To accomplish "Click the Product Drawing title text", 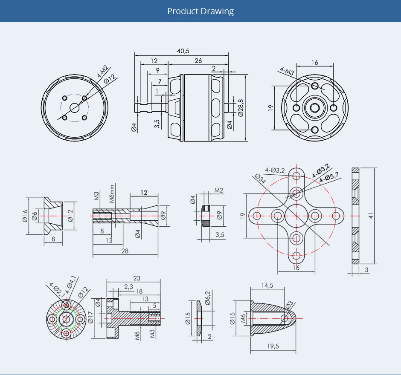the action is pyautogui.click(x=200, y=11).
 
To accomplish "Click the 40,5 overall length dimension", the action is pyautogui.click(x=183, y=51).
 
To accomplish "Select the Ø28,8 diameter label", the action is pyautogui.click(x=241, y=108).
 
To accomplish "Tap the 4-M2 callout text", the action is pyautogui.click(x=102, y=72).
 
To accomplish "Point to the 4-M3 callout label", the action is pyautogui.click(x=287, y=71).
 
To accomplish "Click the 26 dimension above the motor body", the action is pyautogui.click(x=198, y=61).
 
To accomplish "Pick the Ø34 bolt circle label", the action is pyautogui.click(x=260, y=179).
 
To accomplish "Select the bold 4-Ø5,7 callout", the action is pyautogui.click(x=329, y=177).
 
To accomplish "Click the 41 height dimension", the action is pyautogui.click(x=371, y=215).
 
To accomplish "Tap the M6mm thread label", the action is pyautogui.click(x=112, y=194).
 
